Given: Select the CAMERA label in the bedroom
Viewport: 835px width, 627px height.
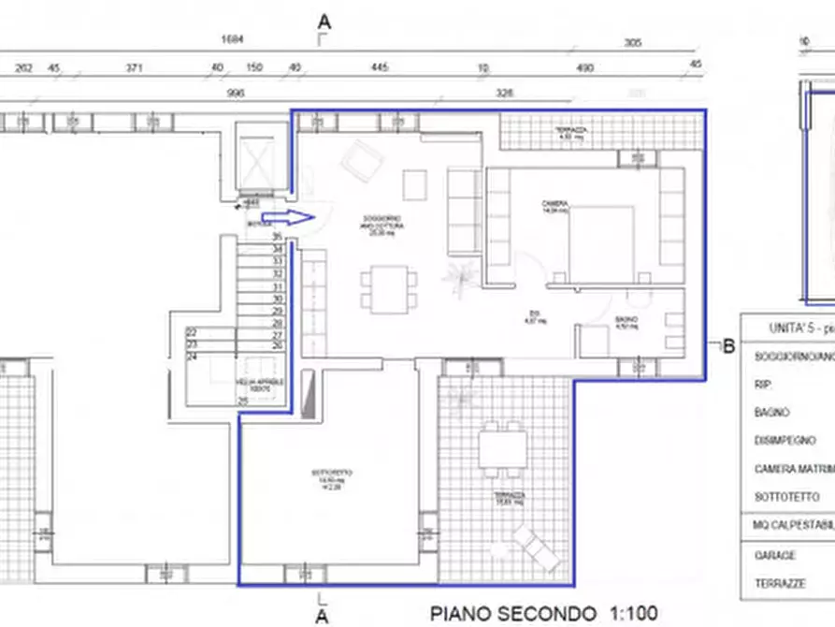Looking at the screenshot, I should [x=554, y=204].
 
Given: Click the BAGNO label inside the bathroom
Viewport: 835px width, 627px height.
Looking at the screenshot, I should [x=626, y=320].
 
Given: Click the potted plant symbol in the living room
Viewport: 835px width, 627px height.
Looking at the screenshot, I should [x=458, y=278].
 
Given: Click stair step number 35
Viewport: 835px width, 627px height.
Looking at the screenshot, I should [x=277, y=238].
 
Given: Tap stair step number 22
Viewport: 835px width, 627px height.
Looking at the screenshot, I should [x=192, y=333].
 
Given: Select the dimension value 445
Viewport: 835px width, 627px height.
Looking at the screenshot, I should [x=379, y=67].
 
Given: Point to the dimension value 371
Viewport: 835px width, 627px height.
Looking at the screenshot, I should [x=135, y=67].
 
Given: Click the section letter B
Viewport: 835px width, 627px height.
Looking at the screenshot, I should [x=729, y=346].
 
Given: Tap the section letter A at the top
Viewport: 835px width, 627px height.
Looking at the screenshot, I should [x=324, y=20].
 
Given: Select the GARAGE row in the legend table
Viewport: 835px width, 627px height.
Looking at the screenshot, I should [x=774, y=554].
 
